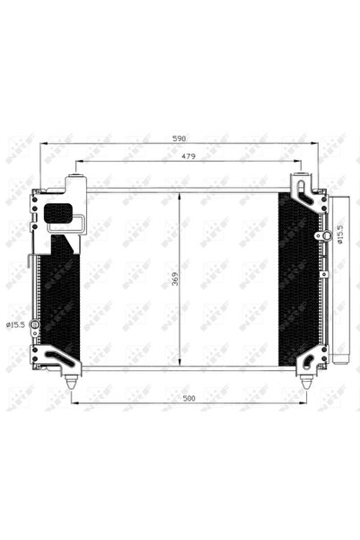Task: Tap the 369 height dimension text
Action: pyautogui.click(x=172, y=279)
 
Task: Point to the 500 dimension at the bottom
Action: pyautogui.click(x=188, y=395)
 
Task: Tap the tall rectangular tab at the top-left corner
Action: pyautogui.click(x=75, y=185)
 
